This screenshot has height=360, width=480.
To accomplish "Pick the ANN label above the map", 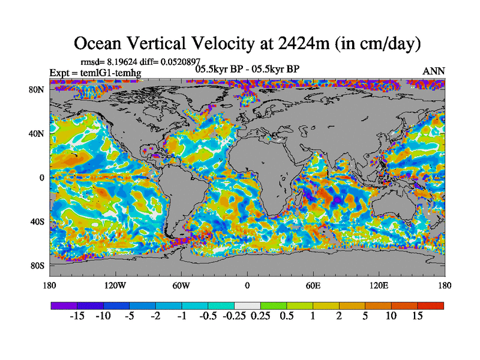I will pyautogui.click(x=434, y=71).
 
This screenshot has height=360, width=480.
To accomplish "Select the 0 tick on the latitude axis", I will pyautogui.click(x=42, y=178).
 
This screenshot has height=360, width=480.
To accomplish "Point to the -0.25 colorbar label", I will pyautogui.click(x=233, y=316).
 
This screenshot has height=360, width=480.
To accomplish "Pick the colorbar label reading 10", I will pyautogui.click(x=391, y=316).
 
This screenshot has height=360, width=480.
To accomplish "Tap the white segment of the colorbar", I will pyautogui.click(x=247, y=305).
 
